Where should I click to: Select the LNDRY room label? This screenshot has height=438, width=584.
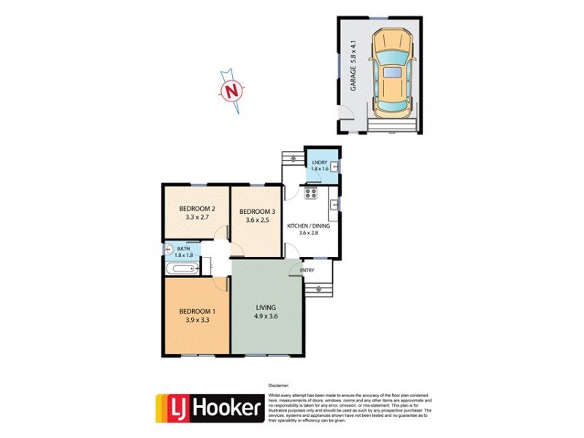tap(319, 162)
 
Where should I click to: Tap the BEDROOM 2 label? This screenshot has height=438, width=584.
tap(197, 207)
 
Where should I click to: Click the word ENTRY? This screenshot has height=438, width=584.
tap(307, 271)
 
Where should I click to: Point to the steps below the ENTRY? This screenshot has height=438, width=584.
tap(315, 288)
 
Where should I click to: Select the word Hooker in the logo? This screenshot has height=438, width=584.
tap(227, 409)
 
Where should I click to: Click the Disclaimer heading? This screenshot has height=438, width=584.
tap(279, 384)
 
